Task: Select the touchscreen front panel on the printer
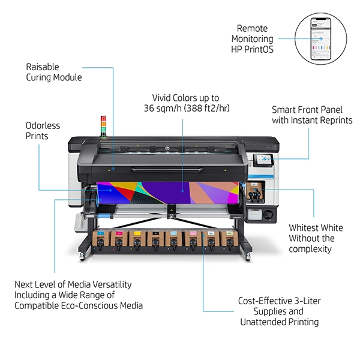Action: [265, 159]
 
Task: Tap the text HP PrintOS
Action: [252, 49]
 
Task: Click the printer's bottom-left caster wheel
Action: [82, 258]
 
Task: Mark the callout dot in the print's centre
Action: [183, 190]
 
